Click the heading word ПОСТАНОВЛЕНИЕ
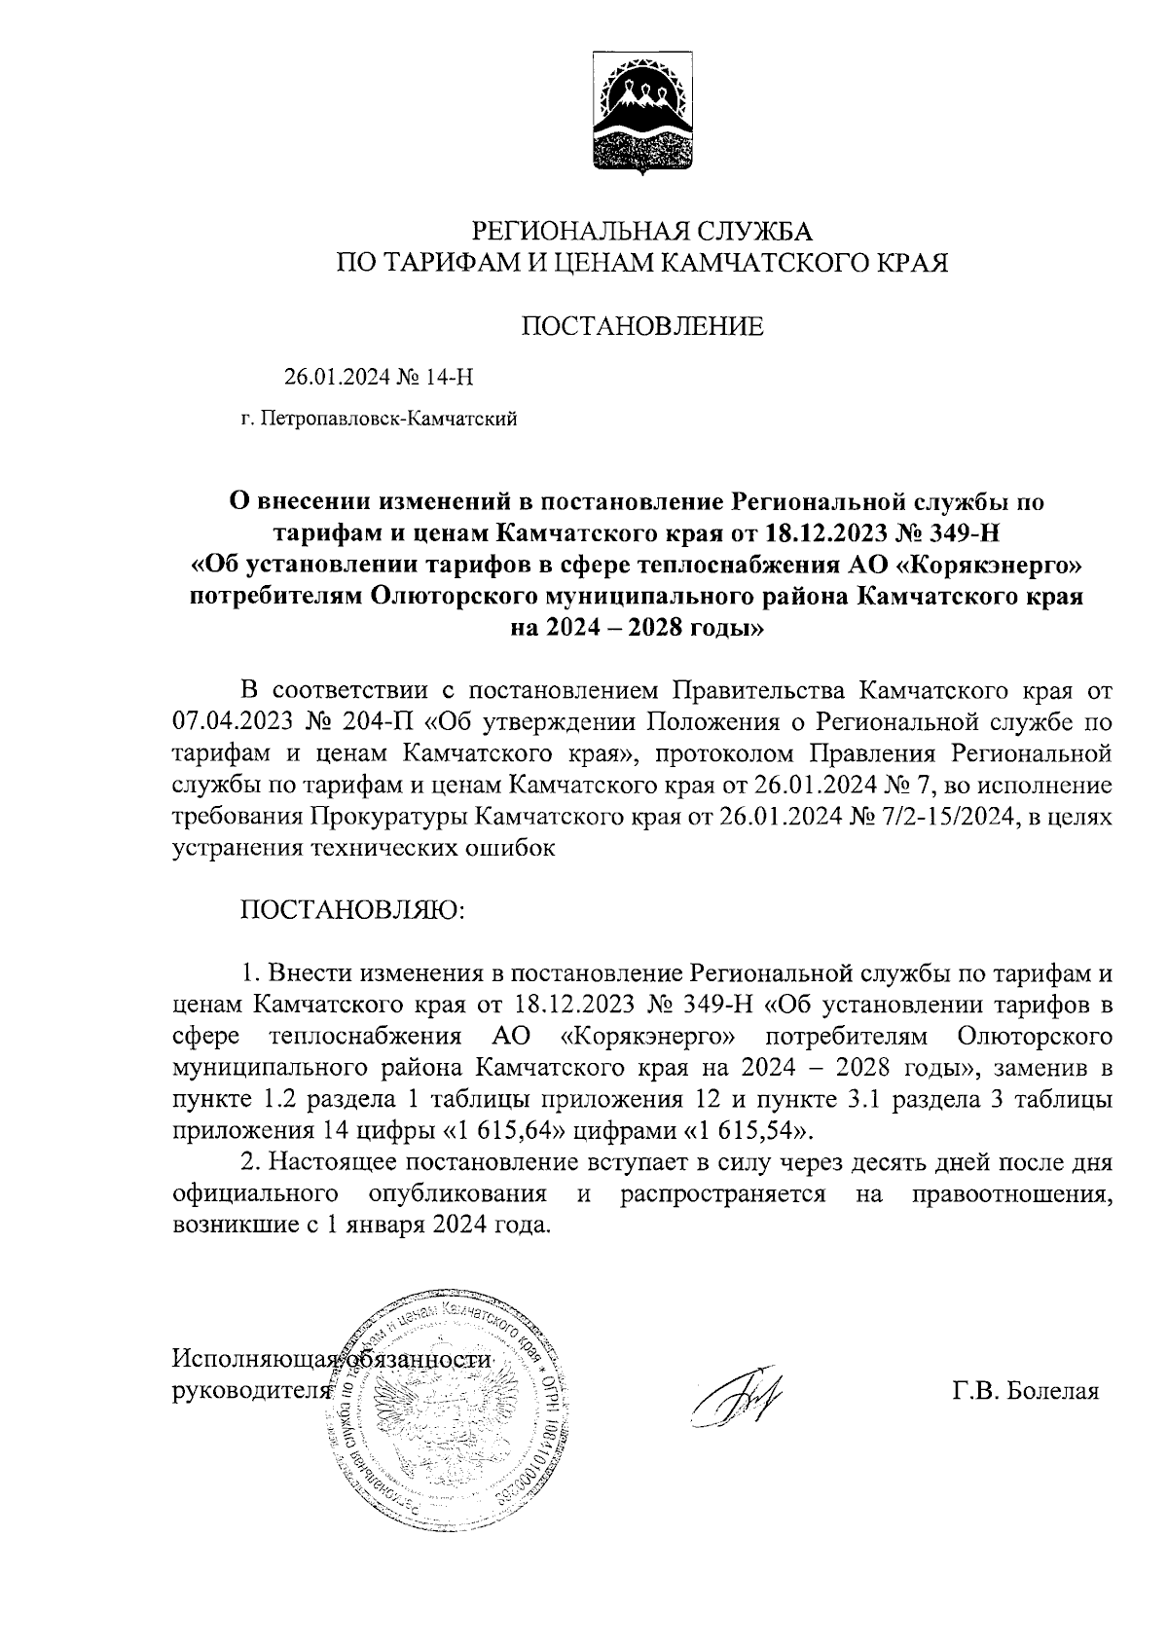pos(642,327)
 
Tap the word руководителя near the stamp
pos(245,1390)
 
